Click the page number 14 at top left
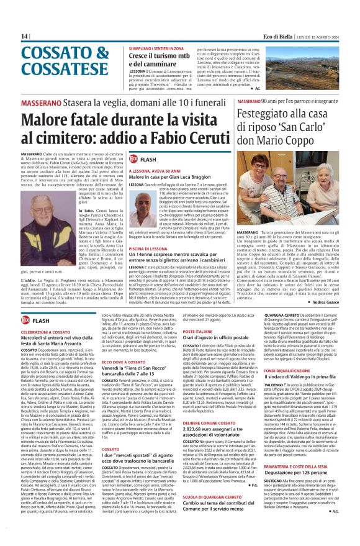[24, 37]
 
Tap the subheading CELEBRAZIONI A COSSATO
[44, 333]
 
